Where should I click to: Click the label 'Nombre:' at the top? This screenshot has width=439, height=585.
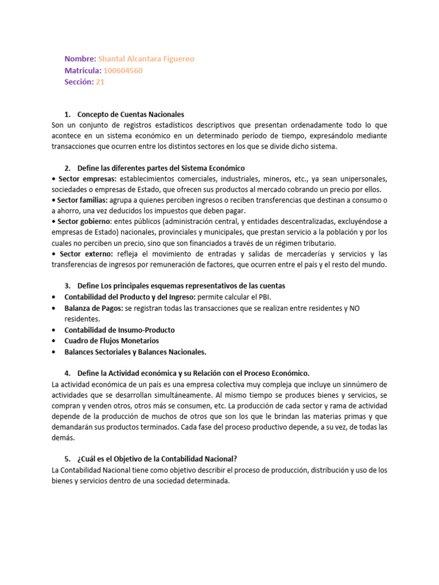tap(80, 59)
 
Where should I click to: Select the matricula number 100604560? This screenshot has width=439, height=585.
tap(123, 70)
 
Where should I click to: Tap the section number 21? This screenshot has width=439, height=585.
tap(100, 82)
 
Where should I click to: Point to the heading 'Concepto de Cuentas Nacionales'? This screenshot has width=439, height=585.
tap(130, 114)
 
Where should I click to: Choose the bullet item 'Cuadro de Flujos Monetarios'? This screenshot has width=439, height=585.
tap(111, 340)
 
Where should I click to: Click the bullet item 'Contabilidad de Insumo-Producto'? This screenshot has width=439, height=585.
tap(119, 330)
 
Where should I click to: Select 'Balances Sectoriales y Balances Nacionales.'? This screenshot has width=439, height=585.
tap(135, 351)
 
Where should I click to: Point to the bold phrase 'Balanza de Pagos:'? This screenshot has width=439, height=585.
tap(93, 308)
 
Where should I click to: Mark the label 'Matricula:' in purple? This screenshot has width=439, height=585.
tap(83, 70)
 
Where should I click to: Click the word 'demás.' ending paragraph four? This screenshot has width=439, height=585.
tap(63, 437)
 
